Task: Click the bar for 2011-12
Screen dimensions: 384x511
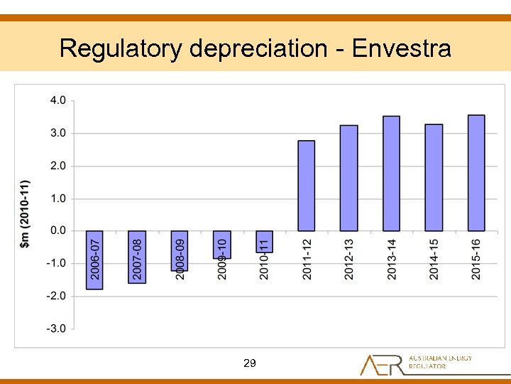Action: pos(307,186)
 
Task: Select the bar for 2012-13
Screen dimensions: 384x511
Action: pos(349,178)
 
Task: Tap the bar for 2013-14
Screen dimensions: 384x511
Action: pos(391,174)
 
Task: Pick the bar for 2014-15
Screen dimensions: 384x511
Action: pos(434,178)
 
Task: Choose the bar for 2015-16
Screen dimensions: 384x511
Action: pos(476,173)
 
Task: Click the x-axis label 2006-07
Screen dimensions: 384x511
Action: pos(94,259)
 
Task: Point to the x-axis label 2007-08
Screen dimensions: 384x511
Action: pos(137,259)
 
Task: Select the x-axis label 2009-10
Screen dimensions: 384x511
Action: pos(222,259)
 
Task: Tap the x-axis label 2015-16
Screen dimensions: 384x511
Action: pos(476,259)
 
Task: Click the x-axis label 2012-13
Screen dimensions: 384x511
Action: pos(348,259)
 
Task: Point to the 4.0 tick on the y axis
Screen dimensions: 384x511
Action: pos(57,100)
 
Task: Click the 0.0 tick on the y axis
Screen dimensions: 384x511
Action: pos(57,230)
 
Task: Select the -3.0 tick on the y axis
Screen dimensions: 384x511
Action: pos(56,329)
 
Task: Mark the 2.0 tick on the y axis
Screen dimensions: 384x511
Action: pos(57,166)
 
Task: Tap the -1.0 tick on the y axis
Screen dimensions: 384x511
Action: pos(56,263)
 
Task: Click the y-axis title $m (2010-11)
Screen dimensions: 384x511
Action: pos(25,214)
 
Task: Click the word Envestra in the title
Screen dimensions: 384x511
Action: pos(401,48)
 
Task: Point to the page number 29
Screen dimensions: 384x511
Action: pos(249,363)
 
